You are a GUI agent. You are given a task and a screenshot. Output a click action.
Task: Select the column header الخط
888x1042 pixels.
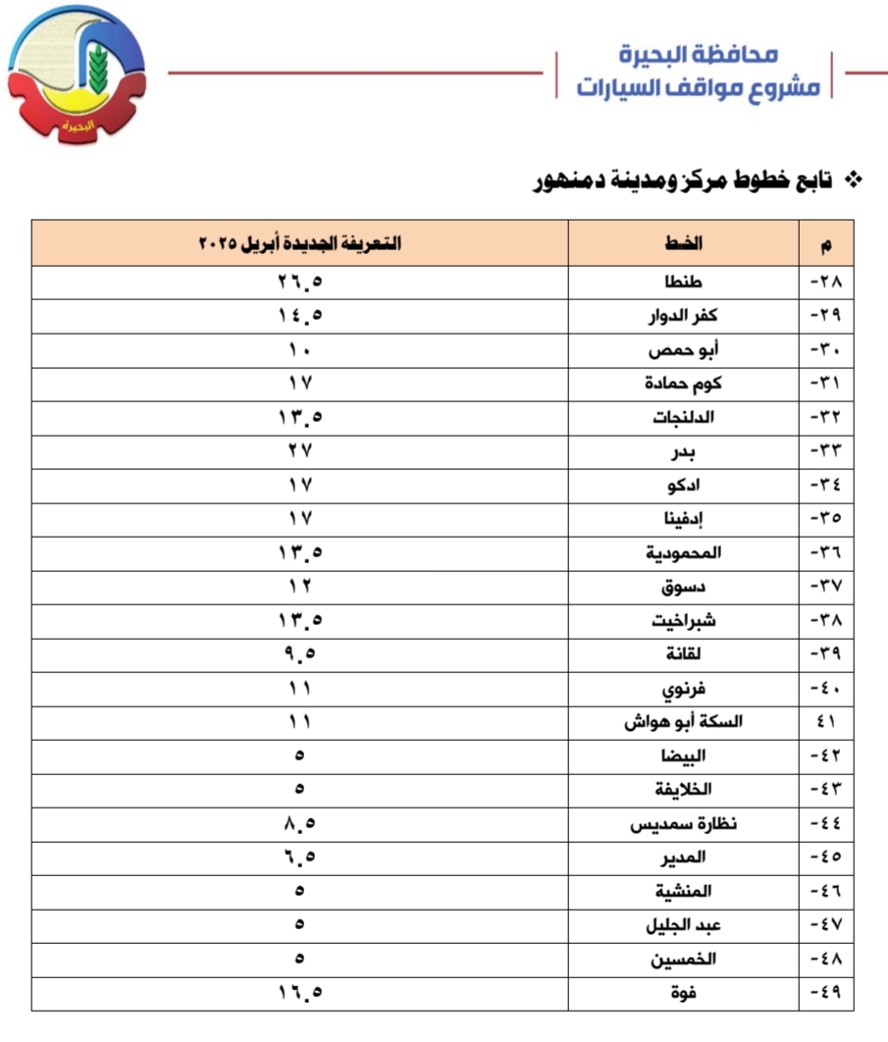[684, 243]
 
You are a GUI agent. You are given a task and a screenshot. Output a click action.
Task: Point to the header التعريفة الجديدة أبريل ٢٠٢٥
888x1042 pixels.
[299, 243]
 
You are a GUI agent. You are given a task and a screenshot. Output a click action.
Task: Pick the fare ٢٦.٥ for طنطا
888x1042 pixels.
[299, 284]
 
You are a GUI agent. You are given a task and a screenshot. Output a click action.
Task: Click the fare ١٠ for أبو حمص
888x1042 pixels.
[299, 350]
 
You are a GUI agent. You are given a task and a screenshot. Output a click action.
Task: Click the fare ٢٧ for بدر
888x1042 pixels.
[299, 451]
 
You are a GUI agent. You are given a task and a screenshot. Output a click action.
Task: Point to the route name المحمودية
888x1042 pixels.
[684, 552]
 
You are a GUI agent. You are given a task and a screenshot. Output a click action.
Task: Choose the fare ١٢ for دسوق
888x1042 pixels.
[299, 587]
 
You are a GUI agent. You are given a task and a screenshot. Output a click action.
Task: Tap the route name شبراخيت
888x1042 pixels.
[684, 620]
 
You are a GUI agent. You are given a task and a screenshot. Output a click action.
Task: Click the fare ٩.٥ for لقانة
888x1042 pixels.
[299, 653]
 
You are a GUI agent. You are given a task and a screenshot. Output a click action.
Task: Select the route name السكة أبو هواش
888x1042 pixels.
[684, 722]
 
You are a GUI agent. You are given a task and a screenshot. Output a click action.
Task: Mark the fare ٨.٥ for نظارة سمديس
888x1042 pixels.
[299, 823]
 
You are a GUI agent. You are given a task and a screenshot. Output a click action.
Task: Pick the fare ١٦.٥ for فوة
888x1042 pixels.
[299, 993]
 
